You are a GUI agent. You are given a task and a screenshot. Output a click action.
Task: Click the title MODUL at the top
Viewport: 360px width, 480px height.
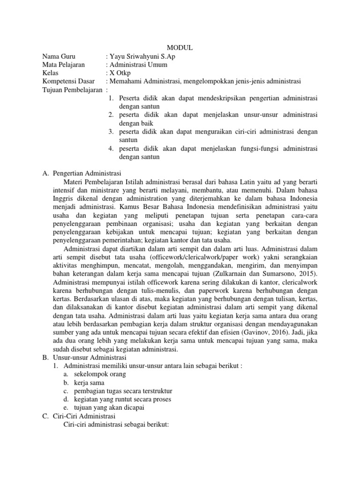click(180, 48)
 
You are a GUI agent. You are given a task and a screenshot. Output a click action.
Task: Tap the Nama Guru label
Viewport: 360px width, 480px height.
click(58, 56)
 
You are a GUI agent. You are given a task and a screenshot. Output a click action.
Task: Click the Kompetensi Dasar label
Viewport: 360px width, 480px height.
click(68, 82)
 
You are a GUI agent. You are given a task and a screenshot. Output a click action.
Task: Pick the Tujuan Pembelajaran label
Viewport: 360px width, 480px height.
click(72, 90)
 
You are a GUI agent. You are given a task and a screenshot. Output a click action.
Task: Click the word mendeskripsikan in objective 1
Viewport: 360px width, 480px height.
click(222, 98)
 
